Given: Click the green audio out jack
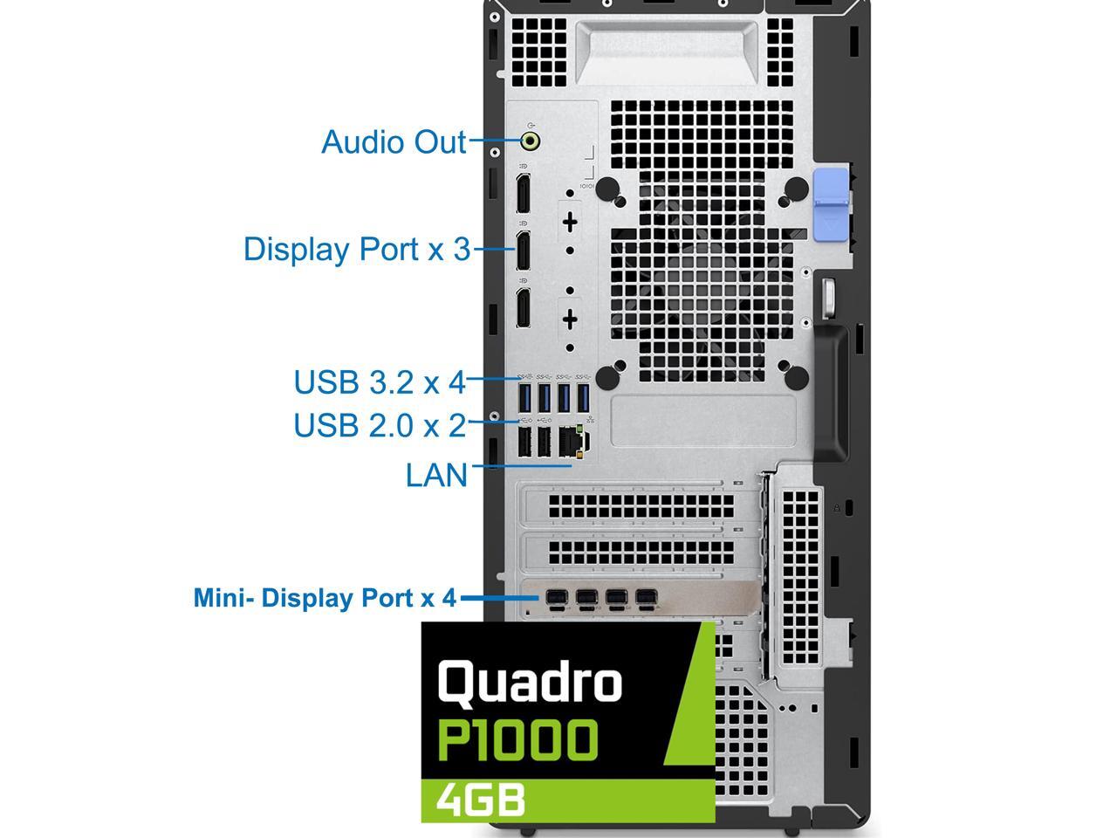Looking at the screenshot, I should pyautogui.click(x=530, y=141).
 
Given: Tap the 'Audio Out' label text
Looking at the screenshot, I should pyautogui.click(x=394, y=141).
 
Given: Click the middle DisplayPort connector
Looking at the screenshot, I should pyautogui.click(x=523, y=251).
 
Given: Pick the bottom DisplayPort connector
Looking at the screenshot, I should pyautogui.click(x=523, y=308).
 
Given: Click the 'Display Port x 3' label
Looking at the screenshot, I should pyautogui.click(x=357, y=249).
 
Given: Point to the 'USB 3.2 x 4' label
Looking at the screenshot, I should pyautogui.click(x=380, y=382).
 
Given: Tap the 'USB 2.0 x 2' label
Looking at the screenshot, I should pyautogui.click(x=380, y=425).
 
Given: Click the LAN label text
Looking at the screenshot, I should pyautogui.click(x=436, y=475).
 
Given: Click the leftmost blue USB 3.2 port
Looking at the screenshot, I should pyautogui.click(x=525, y=398).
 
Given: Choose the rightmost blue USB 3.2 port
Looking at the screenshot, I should pyautogui.click(x=583, y=398).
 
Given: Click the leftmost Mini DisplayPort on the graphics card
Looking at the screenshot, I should pyautogui.click(x=556, y=599).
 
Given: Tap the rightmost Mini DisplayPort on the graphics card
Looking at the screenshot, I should pyautogui.click(x=645, y=599).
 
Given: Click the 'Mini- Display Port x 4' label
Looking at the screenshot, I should pyautogui.click(x=325, y=598).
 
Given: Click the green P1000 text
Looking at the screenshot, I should pyautogui.click(x=517, y=740).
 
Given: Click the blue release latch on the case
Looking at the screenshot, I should pyautogui.click(x=831, y=203).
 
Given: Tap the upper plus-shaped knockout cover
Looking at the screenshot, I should pyautogui.click(x=570, y=222).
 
